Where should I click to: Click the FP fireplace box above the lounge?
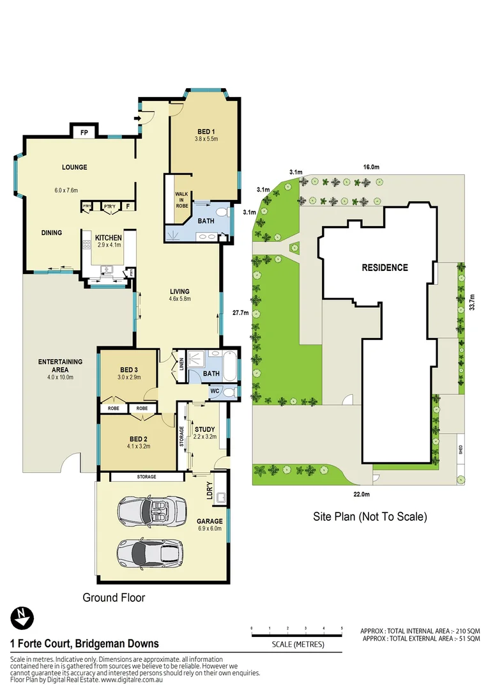pos(84,134)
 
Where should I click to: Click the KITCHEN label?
pos(108,238)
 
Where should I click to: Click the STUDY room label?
pos(204,429)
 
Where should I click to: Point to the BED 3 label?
pos(129,370)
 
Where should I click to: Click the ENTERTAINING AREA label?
pos(61,365)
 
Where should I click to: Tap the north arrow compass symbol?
pos(22,617)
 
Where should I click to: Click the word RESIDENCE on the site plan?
pos(385,268)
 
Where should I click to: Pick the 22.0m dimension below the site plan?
pos(362,494)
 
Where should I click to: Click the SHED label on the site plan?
pos(460,449)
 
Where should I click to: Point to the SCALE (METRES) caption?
pos(298,644)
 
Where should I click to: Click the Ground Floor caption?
pos(114,598)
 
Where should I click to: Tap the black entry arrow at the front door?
pos(137,118)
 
